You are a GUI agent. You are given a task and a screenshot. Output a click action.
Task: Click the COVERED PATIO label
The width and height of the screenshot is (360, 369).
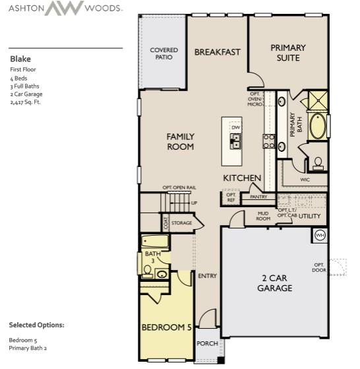[x=164, y=53]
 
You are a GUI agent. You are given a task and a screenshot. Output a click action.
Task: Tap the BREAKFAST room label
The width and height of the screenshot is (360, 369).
[x=217, y=52]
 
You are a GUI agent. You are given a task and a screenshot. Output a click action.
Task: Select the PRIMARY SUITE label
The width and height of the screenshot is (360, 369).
[x=288, y=52]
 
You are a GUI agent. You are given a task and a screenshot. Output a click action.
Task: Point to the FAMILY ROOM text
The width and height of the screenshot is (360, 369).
[x=180, y=141]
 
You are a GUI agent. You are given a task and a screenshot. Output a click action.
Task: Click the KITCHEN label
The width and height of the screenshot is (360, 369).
[x=242, y=178]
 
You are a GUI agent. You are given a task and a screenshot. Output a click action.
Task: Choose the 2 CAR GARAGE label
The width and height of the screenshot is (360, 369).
[x=274, y=283]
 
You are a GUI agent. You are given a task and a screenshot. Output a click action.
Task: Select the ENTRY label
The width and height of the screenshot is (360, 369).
[x=208, y=276]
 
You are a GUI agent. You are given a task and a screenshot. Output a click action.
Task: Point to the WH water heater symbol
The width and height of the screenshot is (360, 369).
[x=320, y=235]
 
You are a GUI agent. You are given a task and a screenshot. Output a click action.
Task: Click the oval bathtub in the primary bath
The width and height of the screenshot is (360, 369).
[x=318, y=127]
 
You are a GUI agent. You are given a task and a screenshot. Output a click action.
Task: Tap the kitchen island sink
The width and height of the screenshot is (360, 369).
[x=235, y=140]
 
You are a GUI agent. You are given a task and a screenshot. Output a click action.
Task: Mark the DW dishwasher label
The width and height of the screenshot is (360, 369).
[x=235, y=127]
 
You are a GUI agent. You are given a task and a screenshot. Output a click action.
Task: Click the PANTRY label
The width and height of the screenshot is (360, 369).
[x=258, y=197]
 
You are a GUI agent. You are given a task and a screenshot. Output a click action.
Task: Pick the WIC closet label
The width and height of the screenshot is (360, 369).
[x=305, y=178]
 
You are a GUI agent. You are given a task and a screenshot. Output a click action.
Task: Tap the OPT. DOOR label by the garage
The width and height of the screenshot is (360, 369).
[x=320, y=267]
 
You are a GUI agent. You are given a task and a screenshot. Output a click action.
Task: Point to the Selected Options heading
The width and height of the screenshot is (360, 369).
[x=36, y=325]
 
